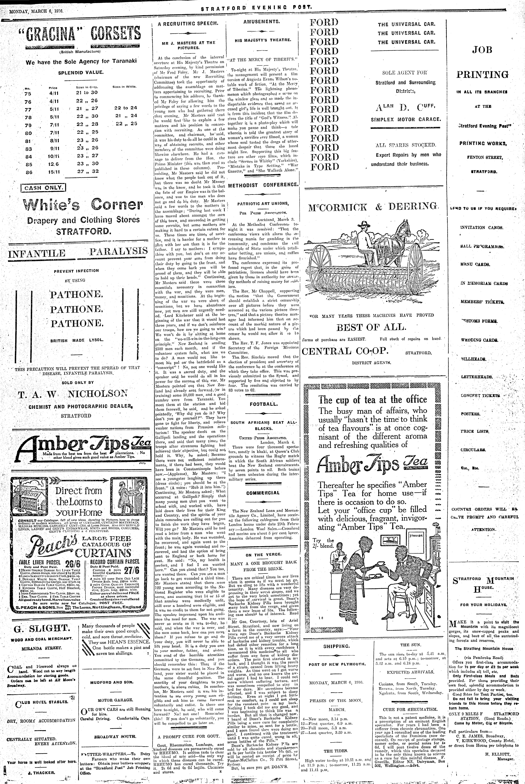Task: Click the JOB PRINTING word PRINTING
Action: [482, 74]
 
